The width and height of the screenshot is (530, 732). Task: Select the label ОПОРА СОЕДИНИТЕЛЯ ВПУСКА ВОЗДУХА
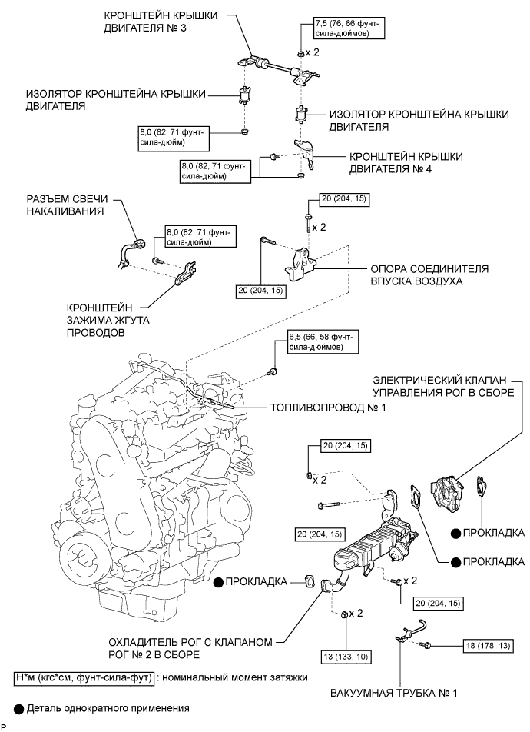coord(429,275)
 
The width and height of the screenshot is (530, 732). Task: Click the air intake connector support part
coord(302,263)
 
